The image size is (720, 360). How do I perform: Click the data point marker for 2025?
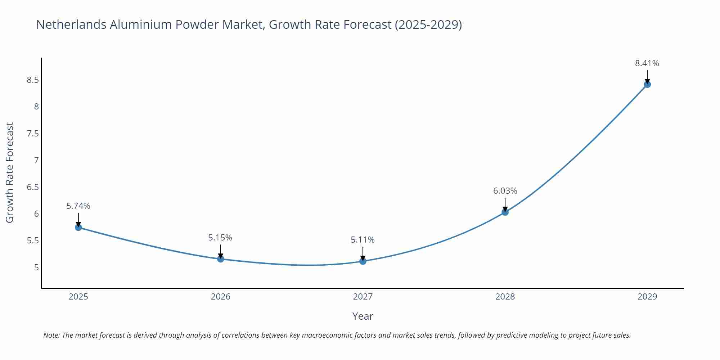tap(78, 228)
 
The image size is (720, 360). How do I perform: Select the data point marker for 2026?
tap(221, 259)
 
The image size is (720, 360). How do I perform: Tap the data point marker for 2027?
tap(363, 261)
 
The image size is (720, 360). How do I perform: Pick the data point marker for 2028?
tap(505, 212)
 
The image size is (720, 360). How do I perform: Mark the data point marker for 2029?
tap(647, 85)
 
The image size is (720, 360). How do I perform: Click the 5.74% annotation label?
tap(78, 206)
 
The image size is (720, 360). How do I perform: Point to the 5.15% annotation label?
tap(220, 238)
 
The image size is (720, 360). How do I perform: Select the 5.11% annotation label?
tap(363, 240)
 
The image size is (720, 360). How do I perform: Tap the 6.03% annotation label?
tap(505, 191)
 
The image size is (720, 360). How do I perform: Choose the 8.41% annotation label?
tap(647, 63)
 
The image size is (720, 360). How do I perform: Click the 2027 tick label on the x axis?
tap(363, 297)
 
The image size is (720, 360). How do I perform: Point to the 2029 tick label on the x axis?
tap(647, 297)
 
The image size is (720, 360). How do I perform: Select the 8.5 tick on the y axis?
tap(33, 80)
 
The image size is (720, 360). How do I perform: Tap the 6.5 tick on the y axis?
tap(33, 187)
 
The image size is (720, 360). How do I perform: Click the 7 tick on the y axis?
tap(36, 160)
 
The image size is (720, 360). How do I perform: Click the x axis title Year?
tap(363, 316)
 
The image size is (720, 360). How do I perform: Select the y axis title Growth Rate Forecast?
tap(10, 172)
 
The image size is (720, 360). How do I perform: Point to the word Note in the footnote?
tap(51, 335)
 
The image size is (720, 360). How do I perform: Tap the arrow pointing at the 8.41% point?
tap(647, 76)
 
